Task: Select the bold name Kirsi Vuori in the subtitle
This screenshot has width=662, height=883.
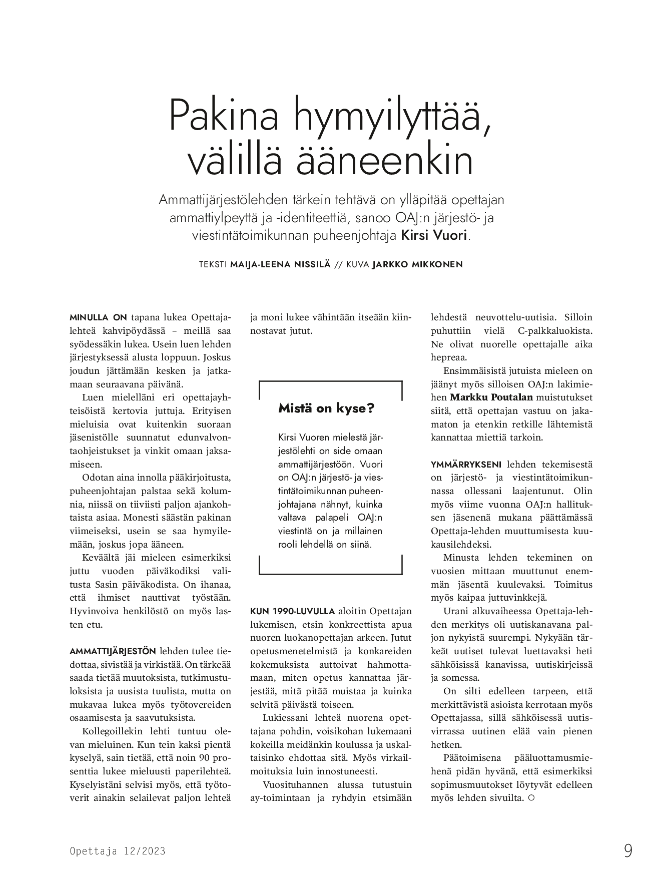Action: pyautogui.click(x=434, y=235)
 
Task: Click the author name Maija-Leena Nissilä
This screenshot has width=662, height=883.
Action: pyautogui.click(x=280, y=264)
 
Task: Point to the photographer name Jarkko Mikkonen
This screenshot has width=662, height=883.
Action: pyautogui.click(x=417, y=264)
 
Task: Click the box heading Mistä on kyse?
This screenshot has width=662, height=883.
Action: pyautogui.click(x=326, y=408)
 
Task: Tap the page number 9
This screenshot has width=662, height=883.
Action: pyautogui.click(x=628, y=850)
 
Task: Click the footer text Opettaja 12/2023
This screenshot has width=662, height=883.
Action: pyautogui.click(x=118, y=851)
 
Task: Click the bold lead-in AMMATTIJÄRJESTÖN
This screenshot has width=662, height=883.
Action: pyautogui.click(x=113, y=651)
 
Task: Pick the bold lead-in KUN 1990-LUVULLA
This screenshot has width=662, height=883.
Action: pyautogui.click(x=292, y=611)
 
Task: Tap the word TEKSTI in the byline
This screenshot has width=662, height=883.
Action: pyautogui.click(x=213, y=264)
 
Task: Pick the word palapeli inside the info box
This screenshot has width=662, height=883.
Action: pyautogui.click(x=336, y=517)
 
